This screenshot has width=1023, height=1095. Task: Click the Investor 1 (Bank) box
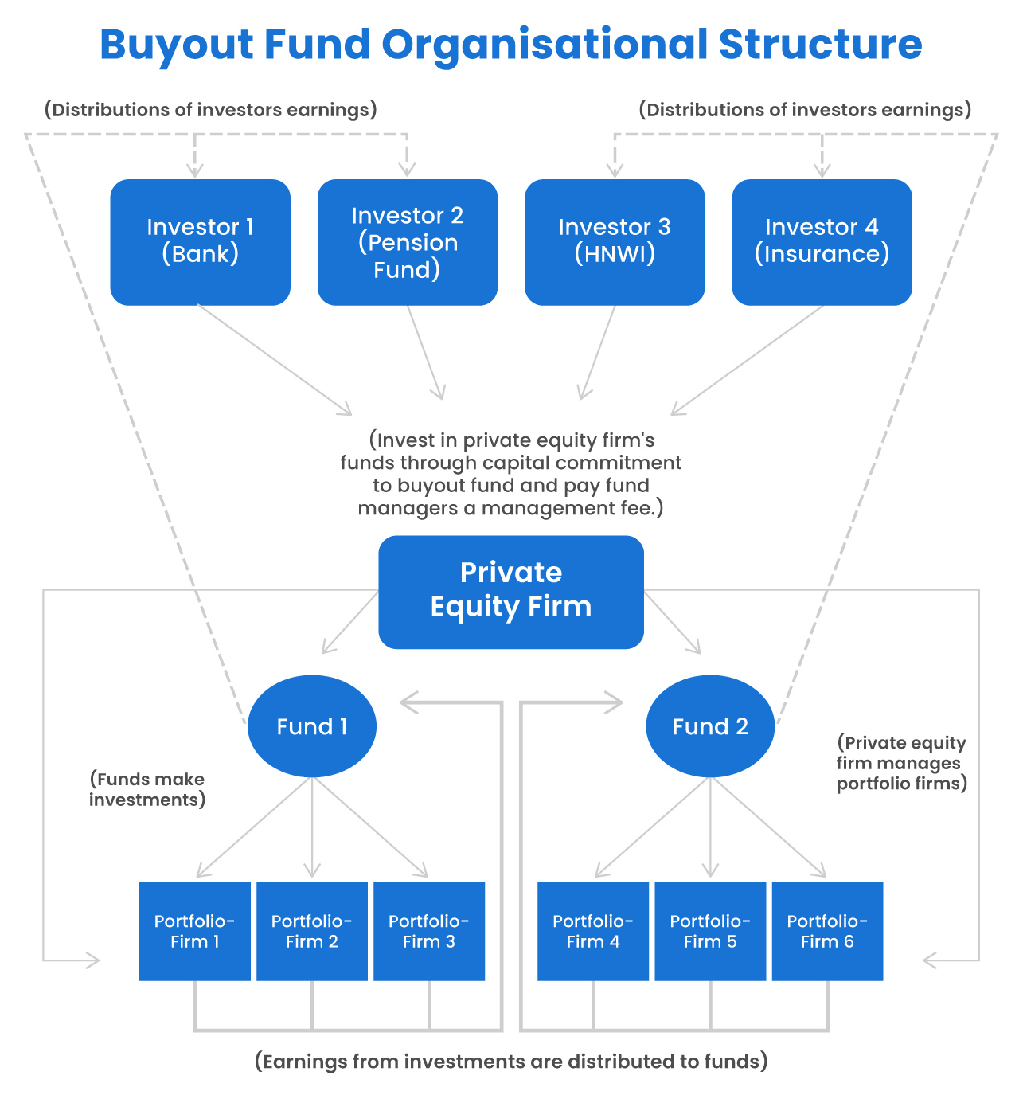point(200,242)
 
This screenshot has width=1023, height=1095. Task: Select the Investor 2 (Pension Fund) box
point(407,242)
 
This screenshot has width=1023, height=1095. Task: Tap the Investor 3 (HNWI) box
point(615,242)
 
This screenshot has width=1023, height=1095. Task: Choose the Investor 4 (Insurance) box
point(822,242)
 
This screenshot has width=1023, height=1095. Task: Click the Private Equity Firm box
point(510,591)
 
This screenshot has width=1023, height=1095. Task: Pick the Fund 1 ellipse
point(311,725)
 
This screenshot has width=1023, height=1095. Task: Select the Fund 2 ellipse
point(709,725)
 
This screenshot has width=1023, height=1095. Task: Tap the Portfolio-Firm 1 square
point(195,930)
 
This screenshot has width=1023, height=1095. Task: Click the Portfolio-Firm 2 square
point(312,930)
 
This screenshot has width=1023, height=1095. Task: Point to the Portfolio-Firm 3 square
point(429,930)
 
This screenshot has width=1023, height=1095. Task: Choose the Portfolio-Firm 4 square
point(593,930)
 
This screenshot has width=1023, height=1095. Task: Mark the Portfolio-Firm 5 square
point(710,930)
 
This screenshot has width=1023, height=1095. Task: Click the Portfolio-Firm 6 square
point(827,930)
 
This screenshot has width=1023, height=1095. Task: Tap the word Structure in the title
point(820,45)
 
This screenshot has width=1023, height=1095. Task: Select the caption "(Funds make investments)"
point(147,789)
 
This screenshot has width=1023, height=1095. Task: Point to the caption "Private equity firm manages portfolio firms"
point(901,763)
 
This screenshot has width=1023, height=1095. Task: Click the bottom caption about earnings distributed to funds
point(511,1062)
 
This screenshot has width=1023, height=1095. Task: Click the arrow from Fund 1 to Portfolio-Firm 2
point(312,828)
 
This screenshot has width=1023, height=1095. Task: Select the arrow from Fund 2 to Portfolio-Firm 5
point(710,828)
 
